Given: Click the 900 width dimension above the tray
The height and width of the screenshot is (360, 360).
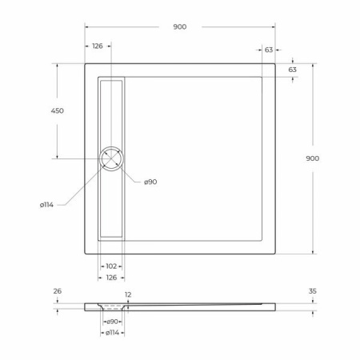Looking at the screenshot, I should [179, 26].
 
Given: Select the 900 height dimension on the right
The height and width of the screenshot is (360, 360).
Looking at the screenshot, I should [312, 158].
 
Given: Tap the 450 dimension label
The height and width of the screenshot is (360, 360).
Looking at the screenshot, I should [58, 110].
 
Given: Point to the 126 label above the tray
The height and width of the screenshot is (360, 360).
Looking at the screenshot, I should [98, 46].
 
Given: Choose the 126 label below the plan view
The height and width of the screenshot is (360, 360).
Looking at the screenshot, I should [111, 277].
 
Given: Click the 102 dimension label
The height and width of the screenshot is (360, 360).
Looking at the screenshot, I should [111, 266].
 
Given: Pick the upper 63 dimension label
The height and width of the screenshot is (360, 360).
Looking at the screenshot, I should [269, 50].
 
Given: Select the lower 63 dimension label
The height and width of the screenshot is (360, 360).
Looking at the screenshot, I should [293, 70].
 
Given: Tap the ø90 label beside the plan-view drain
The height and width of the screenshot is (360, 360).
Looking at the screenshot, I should [150, 182].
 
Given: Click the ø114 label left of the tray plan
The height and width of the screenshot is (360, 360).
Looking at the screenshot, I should [46, 205].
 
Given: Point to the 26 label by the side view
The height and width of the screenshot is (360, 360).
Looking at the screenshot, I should [57, 291].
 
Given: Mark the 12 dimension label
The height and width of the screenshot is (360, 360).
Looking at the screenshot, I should [128, 294].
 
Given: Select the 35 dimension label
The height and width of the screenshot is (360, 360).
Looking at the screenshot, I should [312, 291].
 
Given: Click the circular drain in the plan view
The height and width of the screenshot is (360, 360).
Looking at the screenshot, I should [111, 158].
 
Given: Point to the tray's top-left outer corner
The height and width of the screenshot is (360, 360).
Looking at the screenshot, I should [86, 64].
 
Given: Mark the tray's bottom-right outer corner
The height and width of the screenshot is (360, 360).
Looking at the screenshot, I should [277, 254].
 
